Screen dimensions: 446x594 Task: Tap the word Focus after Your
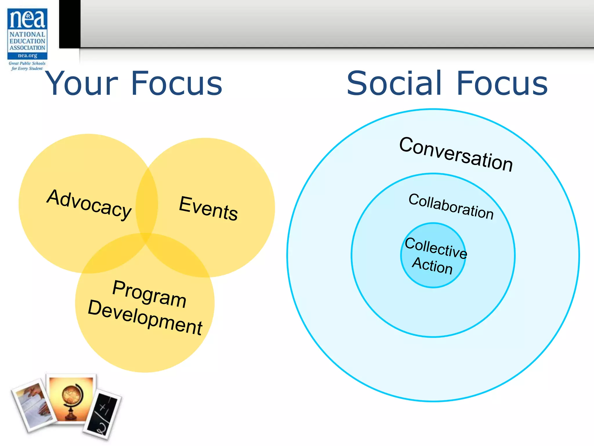pos(177,84)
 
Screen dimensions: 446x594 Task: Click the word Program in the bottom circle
pos(149,294)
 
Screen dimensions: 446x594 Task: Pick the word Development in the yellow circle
pos(145,317)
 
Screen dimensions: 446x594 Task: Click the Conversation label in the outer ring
pos(456,154)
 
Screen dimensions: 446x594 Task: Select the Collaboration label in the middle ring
pos(451,206)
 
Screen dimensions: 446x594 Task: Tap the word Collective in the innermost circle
pos(436,247)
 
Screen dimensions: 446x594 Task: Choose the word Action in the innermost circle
pos(432,265)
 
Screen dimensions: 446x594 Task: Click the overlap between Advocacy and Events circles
pos(147,203)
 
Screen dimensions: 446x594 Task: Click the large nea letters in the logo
pos(28,19)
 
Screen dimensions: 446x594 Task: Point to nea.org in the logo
pos(27,55)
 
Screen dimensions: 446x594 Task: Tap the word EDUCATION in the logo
pos(27,41)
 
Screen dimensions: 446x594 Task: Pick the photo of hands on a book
pos(33,405)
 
